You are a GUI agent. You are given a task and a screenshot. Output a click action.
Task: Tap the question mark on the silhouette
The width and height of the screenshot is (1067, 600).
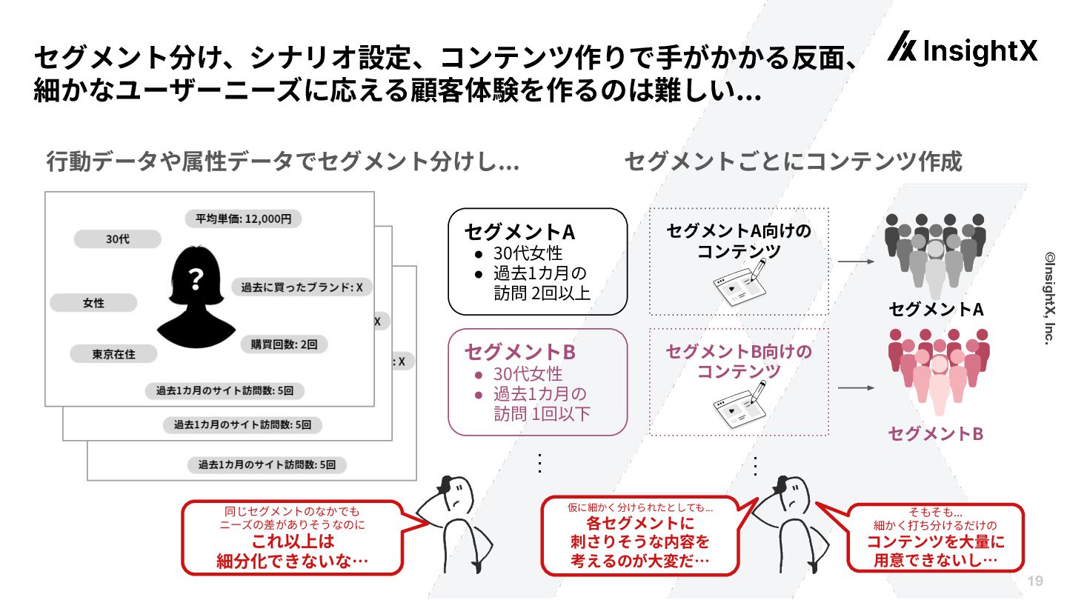[196, 279]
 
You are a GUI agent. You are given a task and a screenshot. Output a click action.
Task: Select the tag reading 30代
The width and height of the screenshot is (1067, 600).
[118, 239]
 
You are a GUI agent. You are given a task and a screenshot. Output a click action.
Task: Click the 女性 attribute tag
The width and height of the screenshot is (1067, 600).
[93, 303]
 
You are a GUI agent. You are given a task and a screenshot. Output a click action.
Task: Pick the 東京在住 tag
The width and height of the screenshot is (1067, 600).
[113, 354]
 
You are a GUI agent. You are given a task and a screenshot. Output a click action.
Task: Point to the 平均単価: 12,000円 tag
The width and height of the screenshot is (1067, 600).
[243, 219]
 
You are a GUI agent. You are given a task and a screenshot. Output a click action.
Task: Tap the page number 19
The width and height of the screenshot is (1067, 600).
[1035, 581]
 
